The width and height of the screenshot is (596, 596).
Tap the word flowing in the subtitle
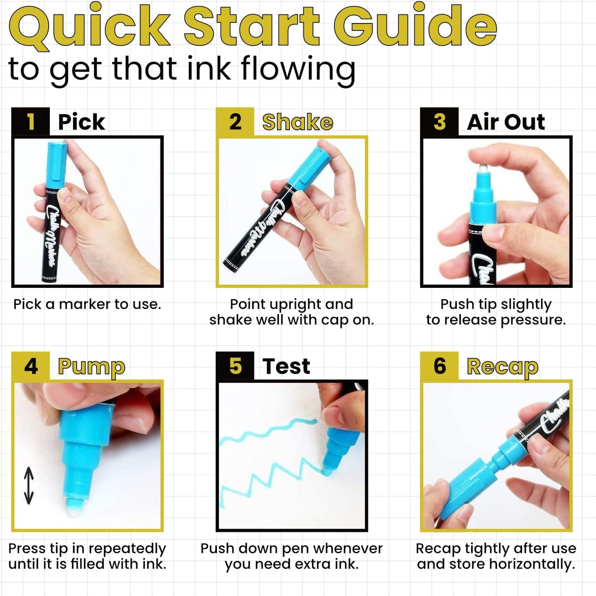pos(298,69)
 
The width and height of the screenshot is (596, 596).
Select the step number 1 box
pos(31,122)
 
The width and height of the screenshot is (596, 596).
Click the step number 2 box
pos(235,122)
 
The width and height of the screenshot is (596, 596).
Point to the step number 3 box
pos(439,122)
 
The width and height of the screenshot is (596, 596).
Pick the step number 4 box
pos(31,366)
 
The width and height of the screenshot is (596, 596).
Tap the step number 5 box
pos(235,366)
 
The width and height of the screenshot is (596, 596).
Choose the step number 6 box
pos(439,366)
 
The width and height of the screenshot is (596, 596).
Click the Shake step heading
pos(297,122)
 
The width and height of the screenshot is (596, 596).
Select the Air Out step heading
pos(506,122)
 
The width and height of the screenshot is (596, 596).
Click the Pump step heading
pos(91,367)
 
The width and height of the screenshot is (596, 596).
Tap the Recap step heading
pos(502,367)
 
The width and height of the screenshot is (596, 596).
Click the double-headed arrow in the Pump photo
pos(28,485)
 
